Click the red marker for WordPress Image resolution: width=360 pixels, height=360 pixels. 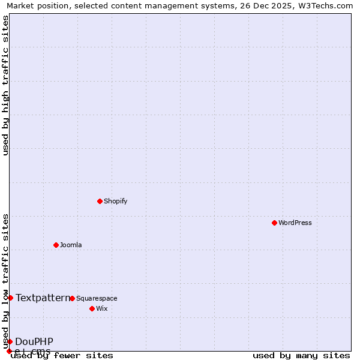pos(274,223)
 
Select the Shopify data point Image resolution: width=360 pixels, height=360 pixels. pos(100,201)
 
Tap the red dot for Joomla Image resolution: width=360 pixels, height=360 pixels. pos(56,245)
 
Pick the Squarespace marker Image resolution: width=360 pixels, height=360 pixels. pos(72,298)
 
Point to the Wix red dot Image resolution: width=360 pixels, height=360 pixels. pos(92,308)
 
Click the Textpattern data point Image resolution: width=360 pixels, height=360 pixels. pos(10,298)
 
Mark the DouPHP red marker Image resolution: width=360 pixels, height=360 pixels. pos(10,341)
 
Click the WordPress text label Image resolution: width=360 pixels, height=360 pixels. pos(295,223)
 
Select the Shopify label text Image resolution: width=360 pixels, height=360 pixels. pos(115,201)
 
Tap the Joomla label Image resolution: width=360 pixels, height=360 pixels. pos(71,245)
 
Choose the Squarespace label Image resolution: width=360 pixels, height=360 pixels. pos(97,298)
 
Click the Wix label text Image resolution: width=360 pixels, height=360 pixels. pos(102,308)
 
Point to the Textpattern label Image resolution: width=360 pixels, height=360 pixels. pos(43,298)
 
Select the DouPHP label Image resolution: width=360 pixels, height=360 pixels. pos(34,341)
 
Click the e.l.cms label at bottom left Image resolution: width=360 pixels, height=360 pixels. pos(33,351)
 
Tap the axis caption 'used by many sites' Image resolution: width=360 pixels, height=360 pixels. pos(301,356)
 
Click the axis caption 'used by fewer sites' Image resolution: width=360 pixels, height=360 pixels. pos(62,356)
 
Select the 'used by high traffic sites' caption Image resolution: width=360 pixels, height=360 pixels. pos(5,85)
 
